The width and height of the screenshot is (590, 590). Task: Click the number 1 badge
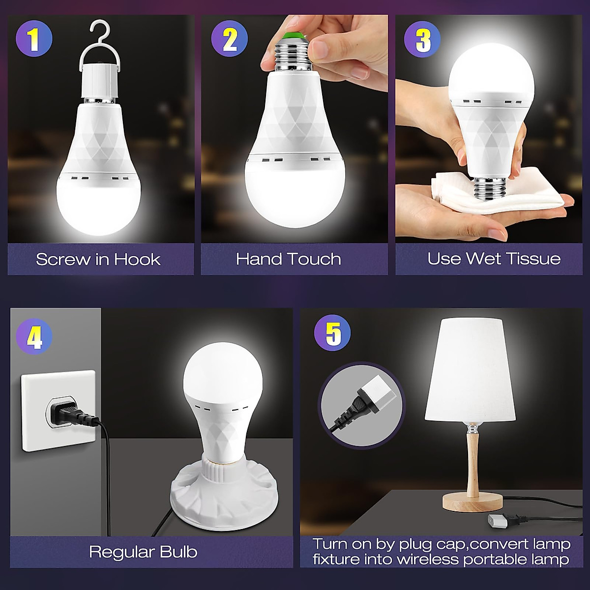[33, 40]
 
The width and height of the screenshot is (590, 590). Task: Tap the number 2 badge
[229, 40]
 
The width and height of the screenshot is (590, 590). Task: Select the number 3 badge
[423, 40]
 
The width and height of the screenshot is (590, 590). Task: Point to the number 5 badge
[332, 333]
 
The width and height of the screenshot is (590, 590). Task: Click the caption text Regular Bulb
[143, 552]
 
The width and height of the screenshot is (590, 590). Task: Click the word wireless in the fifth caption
[431, 559]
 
